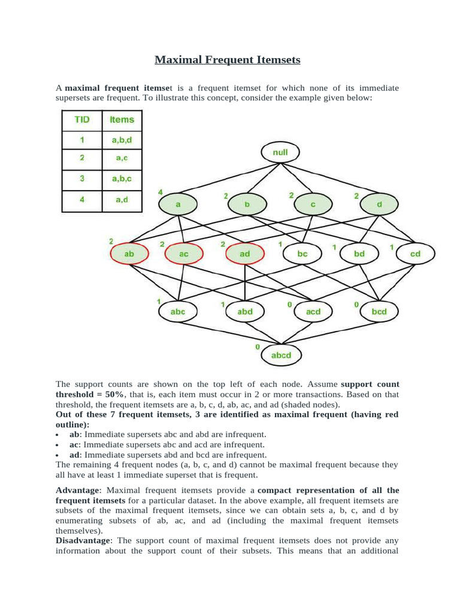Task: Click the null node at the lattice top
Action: pyautogui.click(x=280, y=153)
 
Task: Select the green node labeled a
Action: pyautogui.click(x=178, y=204)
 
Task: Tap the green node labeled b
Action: pyautogui.click(x=247, y=204)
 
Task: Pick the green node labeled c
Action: pyautogui.click(x=312, y=204)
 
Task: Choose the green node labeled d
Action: pyautogui.click(x=379, y=204)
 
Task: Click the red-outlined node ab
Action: pyautogui.click(x=129, y=254)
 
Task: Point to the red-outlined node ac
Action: pyautogui.click(x=184, y=254)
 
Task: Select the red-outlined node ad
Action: pyautogui.click(x=244, y=254)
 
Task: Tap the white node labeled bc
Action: pyautogui.click(x=302, y=254)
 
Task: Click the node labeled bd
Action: pyautogui.click(x=359, y=254)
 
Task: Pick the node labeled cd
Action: pyautogui.click(x=415, y=254)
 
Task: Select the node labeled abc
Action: pyautogui.click(x=178, y=311)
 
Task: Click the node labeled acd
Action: pyautogui.click(x=313, y=311)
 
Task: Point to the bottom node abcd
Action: pyautogui.click(x=280, y=355)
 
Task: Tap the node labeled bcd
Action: pyautogui.click(x=379, y=311)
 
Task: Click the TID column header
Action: pyautogui.click(x=82, y=120)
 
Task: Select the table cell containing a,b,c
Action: pyautogui.click(x=122, y=179)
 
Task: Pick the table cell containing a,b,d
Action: pyautogui.click(x=122, y=140)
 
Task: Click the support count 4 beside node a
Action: pyautogui.click(x=161, y=192)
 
